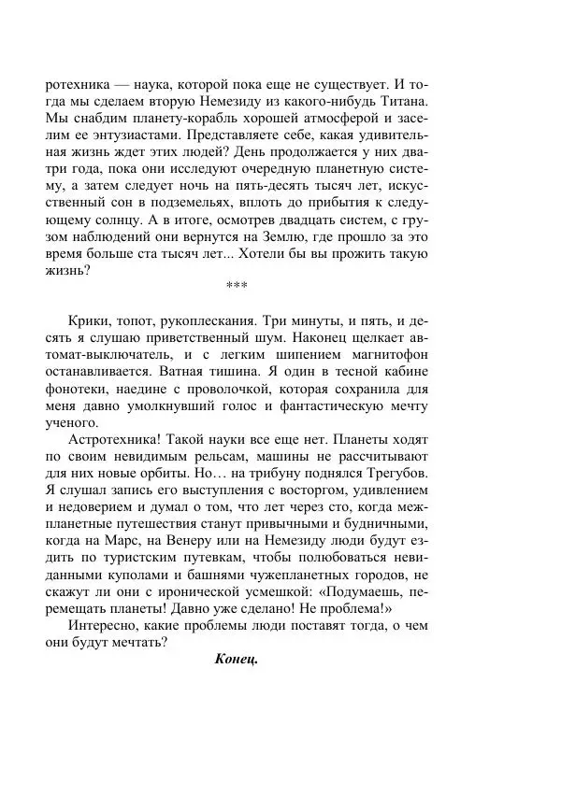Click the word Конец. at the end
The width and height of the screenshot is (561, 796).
click(235, 659)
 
